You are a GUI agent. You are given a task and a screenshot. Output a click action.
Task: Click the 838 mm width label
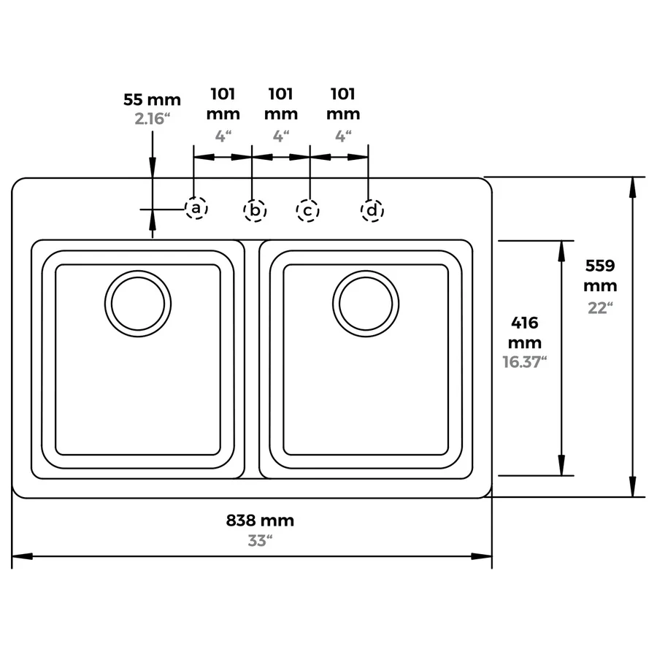tap(260, 520)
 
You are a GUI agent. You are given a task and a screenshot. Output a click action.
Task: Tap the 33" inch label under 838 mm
tap(260, 540)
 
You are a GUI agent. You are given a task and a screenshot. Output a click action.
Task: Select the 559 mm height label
tap(600, 276)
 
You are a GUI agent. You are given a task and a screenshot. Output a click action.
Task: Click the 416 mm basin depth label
tap(525, 333)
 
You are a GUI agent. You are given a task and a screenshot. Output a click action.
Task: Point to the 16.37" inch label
tap(525, 362)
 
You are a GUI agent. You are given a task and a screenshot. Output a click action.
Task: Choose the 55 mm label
tap(152, 100)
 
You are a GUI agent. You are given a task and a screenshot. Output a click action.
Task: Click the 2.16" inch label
tap(152, 119)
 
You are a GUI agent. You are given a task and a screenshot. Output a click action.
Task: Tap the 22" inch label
tap(600, 308)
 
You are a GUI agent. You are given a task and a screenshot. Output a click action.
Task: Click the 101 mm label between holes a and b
tap(223, 104)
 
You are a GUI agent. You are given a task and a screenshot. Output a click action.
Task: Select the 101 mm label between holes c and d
tap(343, 104)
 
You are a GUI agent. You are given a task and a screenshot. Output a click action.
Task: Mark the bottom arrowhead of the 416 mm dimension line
tap(561, 465)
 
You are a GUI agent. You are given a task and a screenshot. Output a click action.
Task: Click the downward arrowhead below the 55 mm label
tap(153, 168)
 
